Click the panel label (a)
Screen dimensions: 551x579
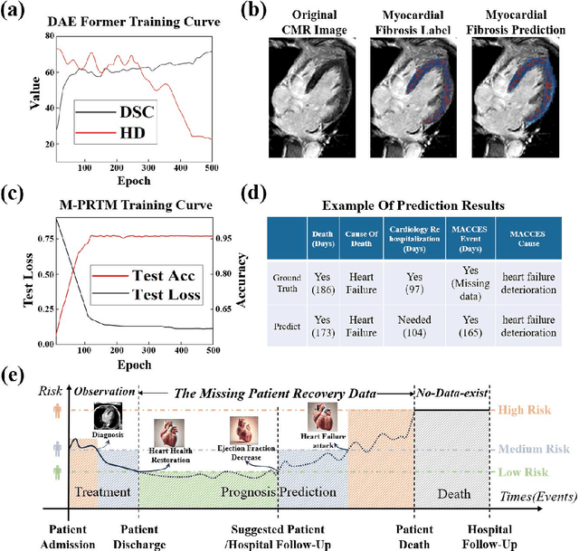[18, 13]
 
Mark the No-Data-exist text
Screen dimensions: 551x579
[451, 391]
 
